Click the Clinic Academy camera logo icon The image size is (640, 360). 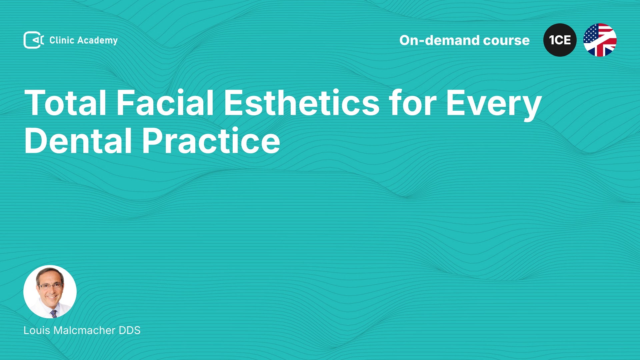coord(34,40)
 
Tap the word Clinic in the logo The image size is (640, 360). coord(62,40)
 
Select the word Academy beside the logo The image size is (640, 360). coord(97,41)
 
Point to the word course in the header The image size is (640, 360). coord(506,41)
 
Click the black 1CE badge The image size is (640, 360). coord(560,40)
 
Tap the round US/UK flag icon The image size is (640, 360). coord(600,40)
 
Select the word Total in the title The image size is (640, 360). coord(65,103)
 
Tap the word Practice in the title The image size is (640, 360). coord(211,141)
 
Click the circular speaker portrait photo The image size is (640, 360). coord(50,292)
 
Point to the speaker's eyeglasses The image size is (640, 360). coord(50,286)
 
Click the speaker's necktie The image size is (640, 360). coord(54,314)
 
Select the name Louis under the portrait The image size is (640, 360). coord(37,330)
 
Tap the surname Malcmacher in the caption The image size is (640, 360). coord(84,330)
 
